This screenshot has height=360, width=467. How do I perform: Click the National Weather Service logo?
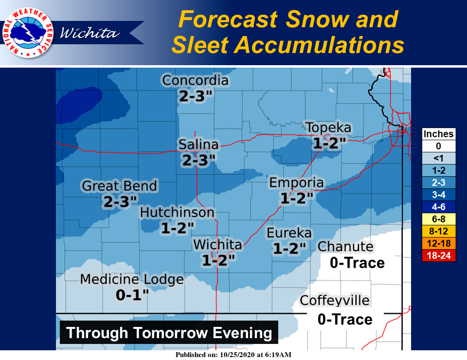28,33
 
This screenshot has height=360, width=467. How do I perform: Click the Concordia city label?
195,80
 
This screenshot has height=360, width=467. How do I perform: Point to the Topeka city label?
328,128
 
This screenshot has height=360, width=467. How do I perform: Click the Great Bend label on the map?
120,186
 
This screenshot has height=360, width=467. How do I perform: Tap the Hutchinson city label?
177,213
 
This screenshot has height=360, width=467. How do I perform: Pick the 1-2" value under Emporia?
296,198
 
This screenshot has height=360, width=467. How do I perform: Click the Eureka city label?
289,234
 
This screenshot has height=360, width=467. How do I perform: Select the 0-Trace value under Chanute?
357,263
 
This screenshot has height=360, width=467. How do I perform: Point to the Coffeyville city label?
335,301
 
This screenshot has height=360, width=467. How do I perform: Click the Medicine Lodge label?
132,280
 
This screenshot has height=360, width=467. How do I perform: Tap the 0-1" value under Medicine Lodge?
132,295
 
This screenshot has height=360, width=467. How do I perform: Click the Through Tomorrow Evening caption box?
169,333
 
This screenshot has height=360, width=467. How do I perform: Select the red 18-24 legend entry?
439,255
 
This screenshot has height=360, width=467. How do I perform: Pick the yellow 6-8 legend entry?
439,219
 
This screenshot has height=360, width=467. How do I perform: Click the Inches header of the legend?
439,134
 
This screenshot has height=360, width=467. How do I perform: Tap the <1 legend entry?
439,158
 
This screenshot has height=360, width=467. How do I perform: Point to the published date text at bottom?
234,355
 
